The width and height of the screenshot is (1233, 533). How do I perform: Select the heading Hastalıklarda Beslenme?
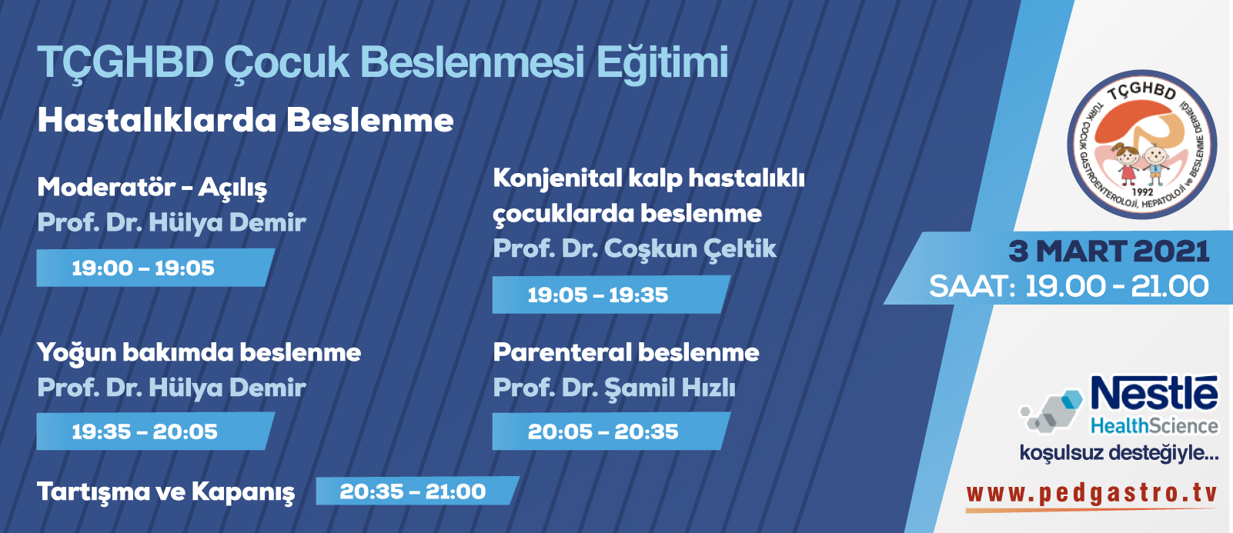[246, 120]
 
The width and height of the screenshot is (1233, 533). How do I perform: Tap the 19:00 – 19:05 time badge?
[155, 268]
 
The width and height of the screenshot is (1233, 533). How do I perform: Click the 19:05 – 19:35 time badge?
[612, 295]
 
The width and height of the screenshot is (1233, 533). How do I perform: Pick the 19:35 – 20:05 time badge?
[155, 431]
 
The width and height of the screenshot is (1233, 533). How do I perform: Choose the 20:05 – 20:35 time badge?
[612, 431]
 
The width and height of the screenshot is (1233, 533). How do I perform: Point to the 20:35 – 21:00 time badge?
[418, 491]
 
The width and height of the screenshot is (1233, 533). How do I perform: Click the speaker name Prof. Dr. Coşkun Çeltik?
[635, 248]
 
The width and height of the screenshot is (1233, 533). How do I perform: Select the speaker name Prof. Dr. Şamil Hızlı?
[614, 388]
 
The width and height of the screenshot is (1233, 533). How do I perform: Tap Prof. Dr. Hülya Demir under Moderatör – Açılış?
[172, 223]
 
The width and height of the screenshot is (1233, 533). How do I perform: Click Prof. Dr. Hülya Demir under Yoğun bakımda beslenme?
[172, 387]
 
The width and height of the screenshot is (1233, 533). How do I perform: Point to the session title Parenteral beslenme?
[626, 352]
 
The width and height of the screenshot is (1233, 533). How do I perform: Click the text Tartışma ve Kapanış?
[165, 491]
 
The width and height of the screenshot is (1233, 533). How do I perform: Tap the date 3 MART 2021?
[1108, 252]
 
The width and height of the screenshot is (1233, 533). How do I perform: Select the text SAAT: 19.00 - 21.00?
[1069, 287]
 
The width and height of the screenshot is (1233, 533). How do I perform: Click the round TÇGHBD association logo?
[1142, 145]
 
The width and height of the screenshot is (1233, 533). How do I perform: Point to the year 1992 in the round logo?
[1143, 192]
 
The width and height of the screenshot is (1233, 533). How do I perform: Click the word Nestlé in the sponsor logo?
[1154, 393]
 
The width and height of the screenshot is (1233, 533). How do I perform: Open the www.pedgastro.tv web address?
[1091, 494]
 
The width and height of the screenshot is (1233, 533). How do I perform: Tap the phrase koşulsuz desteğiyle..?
[1119, 453]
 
